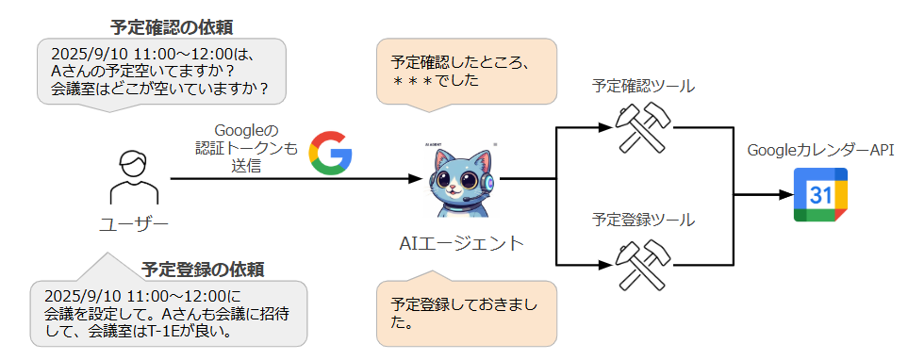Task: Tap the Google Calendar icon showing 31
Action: point(820,195)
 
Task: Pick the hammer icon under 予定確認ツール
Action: point(642,126)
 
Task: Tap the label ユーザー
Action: point(134,223)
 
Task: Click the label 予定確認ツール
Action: point(643,87)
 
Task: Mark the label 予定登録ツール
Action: point(643,221)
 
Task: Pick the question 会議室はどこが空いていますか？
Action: point(159,90)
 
